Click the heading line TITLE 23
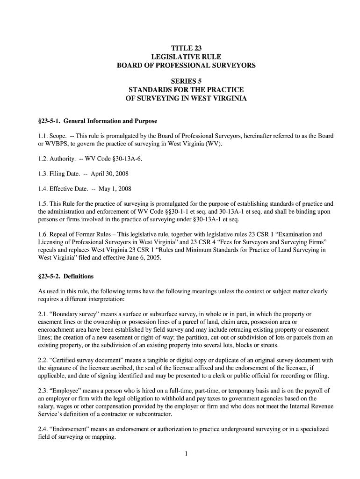[x=186, y=48]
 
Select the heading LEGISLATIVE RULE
[x=186, y=57]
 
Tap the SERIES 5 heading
[x=186, y=81]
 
